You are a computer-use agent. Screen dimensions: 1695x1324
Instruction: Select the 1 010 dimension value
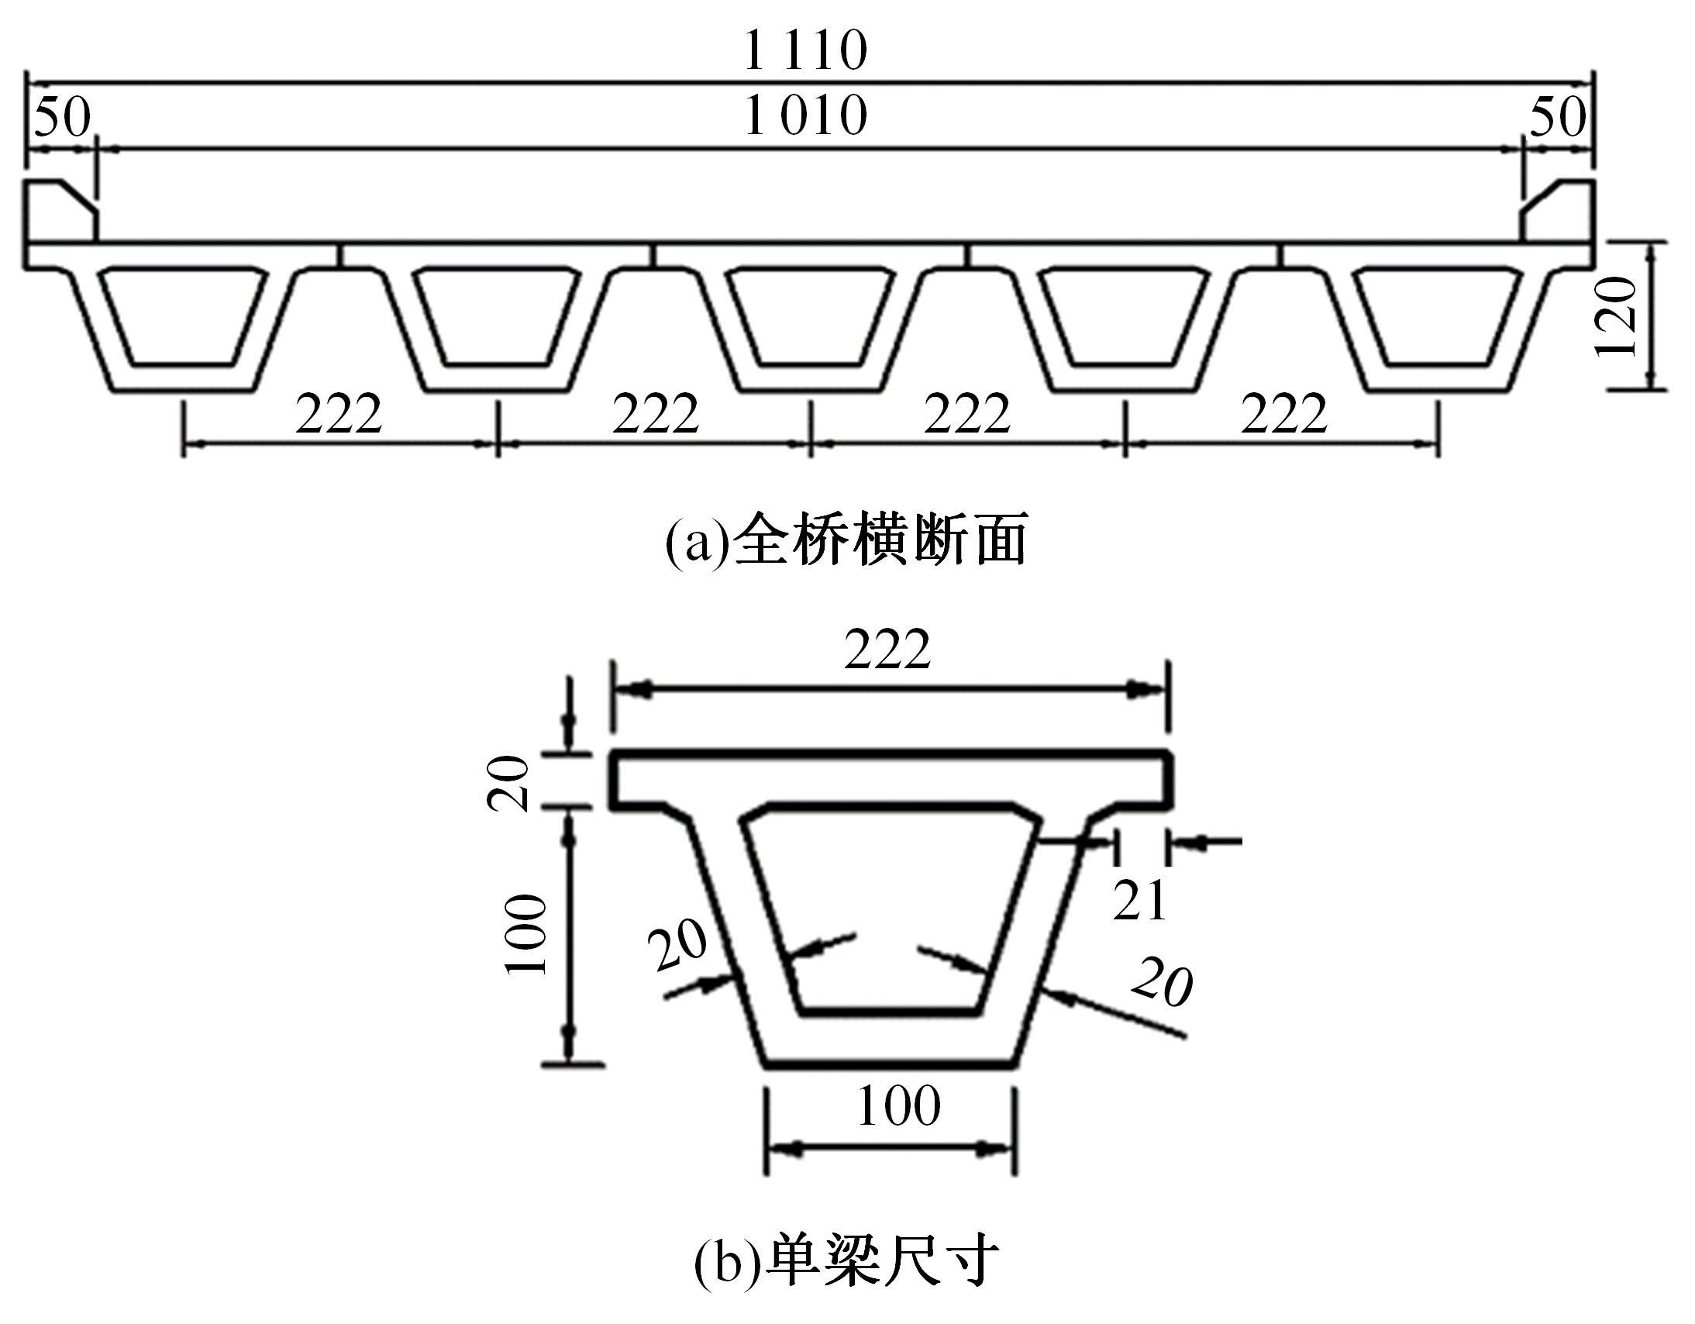805,116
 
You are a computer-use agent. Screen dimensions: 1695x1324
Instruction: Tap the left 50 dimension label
63,119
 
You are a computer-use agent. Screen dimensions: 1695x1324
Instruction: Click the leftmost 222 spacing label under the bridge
339,413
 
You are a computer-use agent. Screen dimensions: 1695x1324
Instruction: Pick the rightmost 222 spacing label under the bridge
1283,413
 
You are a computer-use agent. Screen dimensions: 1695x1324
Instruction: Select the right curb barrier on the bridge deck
1556,212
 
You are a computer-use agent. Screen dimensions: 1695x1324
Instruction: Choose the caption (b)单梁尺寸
846,1261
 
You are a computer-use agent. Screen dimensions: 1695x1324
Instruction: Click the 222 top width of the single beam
887,650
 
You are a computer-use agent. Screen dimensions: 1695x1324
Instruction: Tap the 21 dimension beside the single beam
1140,900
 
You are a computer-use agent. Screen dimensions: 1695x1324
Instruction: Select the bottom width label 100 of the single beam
899,1105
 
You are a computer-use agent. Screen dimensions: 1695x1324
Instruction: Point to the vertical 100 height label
526,934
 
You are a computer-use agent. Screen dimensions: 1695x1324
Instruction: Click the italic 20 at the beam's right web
1162,981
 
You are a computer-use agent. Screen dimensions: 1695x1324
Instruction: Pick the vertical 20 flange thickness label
508,782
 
